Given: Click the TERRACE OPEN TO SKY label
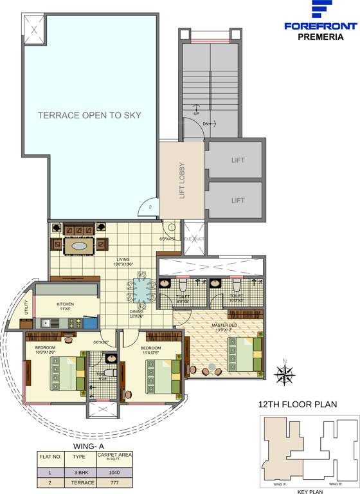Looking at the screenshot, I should (x=89, y=116).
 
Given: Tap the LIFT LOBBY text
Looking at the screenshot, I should (x=182, y=179).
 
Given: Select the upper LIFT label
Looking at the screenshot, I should (x=238, y=161).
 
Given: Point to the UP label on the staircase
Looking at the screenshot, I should (x=196, y=114).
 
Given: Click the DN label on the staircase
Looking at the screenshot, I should (x=206, y=123).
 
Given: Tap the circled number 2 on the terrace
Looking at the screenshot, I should (x=149, y=207).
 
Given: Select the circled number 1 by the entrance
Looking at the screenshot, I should (x=172, y=226).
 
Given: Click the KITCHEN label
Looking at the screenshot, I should (x=66, y=304).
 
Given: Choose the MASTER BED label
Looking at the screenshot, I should (x=225, y=325).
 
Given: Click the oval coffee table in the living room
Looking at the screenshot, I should (x=80, y=246).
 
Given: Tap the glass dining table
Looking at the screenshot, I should (x=141, y=291).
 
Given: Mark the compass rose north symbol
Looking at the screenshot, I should (x=284, y=372).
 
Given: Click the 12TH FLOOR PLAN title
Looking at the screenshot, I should (x=297, y=405).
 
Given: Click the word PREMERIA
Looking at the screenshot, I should (x=320, y=37).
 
